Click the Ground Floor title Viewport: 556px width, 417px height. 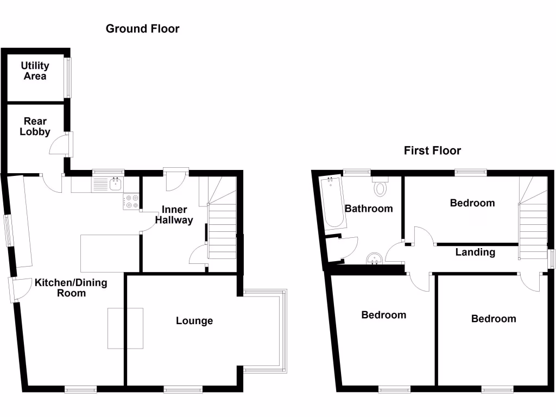[142, 29]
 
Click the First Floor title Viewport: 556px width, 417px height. [432, 150]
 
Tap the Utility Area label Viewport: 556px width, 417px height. [35, 71]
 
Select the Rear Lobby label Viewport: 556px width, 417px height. [35, 127]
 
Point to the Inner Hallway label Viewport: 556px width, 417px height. [174, 215]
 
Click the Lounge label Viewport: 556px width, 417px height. [194, 321]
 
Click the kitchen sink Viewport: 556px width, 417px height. [115, 185]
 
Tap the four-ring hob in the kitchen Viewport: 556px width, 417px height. [131, 202]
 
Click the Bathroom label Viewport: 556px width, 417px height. [369, 208]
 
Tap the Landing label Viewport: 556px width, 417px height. [475, 252]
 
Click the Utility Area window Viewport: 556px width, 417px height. [68, 78]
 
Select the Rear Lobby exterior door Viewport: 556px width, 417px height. [69, 144]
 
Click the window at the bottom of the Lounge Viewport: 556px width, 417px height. [182, 389]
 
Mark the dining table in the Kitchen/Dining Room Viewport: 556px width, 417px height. [125, 328]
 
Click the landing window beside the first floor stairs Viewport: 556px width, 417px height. [551, 258]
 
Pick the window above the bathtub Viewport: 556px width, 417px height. [356, 173]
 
